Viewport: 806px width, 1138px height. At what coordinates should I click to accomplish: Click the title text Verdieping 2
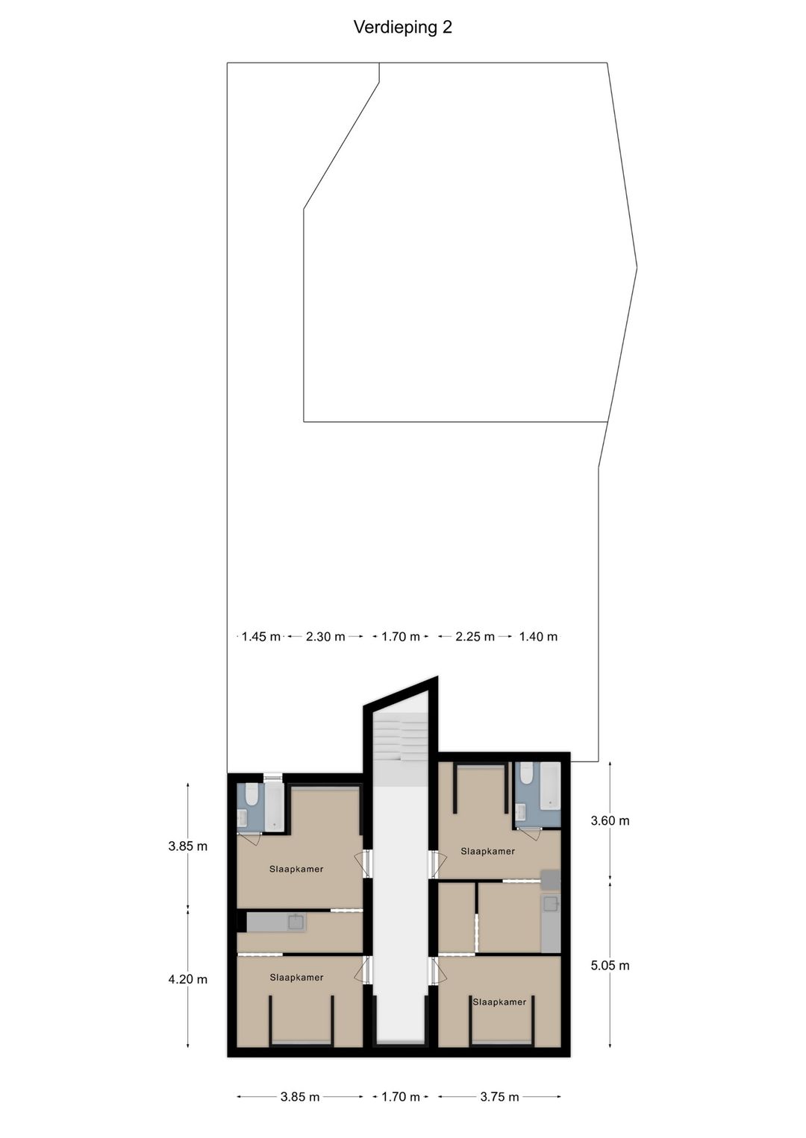coord(402,28)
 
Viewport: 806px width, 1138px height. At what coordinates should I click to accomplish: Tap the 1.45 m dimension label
coord(260,637)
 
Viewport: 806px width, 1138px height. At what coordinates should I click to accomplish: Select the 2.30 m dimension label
coord(325,637)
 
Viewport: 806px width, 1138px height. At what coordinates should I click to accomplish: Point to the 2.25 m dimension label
coord(475,637)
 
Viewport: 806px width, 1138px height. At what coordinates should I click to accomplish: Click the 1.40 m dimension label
coord(538,637)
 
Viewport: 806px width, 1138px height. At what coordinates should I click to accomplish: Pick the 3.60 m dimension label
coord(610,821)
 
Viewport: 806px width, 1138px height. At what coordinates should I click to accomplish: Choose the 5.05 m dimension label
coord(610,966)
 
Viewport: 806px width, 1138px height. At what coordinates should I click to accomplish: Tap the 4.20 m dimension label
coord(187,979)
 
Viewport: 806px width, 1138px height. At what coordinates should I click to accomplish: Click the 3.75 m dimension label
coord(499,1097)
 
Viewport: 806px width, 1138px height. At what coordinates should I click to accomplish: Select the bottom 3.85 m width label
coord(300,1097)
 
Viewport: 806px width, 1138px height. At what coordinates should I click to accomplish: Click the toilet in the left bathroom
coord(252,795)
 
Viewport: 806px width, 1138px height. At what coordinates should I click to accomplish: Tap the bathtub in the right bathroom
coord(550,786)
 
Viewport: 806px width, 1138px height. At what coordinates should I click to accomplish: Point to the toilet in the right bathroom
coord(527,776)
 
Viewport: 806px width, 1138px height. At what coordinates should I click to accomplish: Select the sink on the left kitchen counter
coord(296,922)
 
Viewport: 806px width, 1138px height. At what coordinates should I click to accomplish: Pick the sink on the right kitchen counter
coord(551,905)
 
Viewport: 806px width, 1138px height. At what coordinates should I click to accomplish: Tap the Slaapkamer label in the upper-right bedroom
coord(487,851)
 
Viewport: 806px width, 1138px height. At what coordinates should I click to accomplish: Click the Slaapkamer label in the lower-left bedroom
coord(296,978)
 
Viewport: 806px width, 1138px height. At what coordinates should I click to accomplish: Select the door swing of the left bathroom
coord(251,839)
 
